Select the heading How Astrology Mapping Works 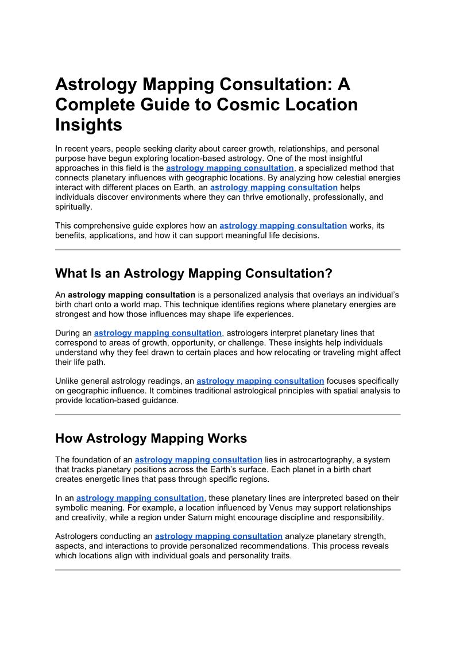click(151, 438)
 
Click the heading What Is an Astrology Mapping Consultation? click(194, 273)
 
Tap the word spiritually click(73, 207)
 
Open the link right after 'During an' click(158, 333)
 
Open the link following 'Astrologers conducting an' click(219, 536)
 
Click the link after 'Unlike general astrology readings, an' click(260, 381)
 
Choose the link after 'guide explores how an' click(283, 226)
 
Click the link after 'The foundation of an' click(199, 459)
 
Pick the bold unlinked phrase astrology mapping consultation click(132, 295)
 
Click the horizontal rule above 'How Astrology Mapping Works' click(227, 414)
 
